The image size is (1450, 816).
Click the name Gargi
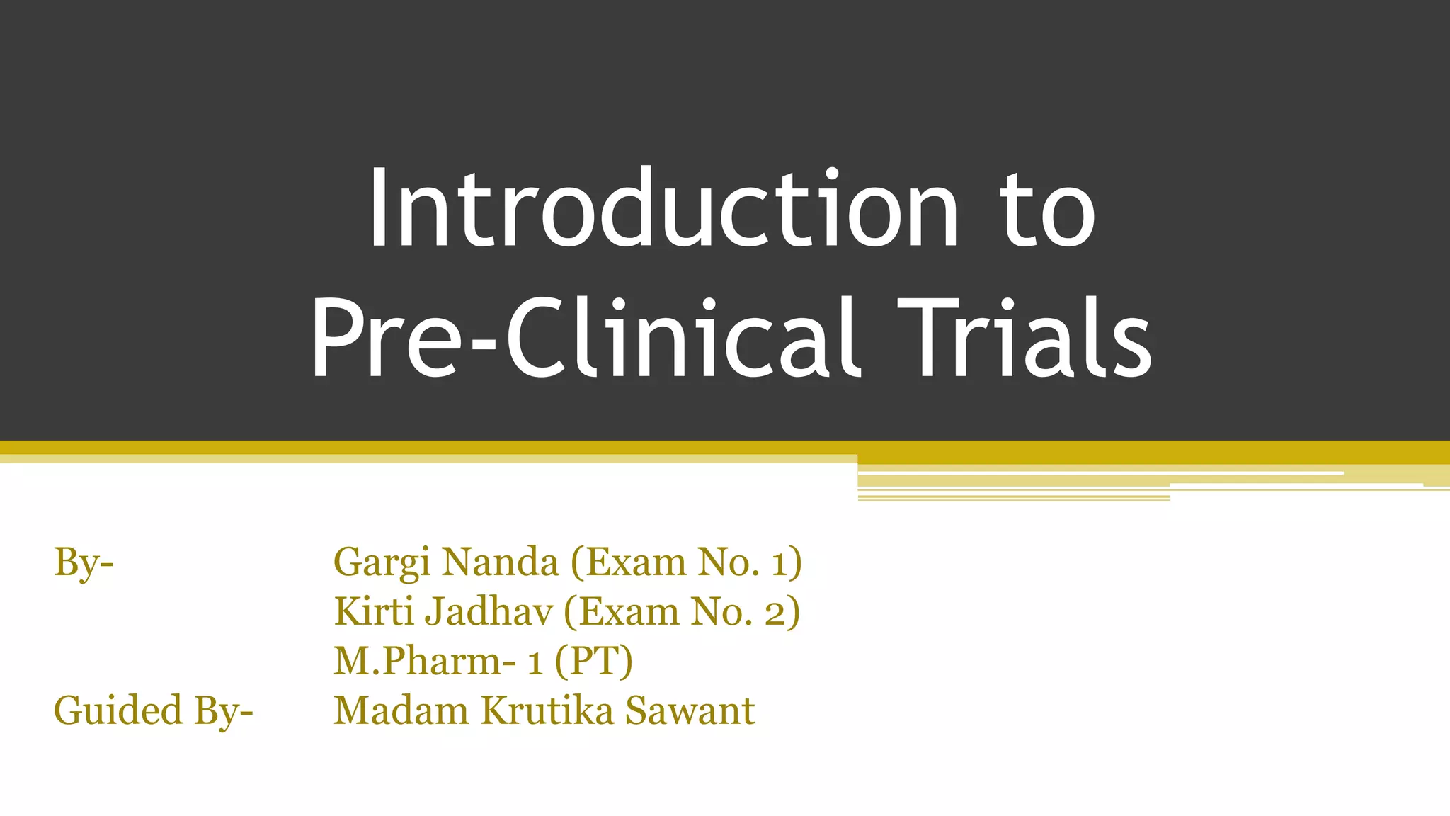click(x=381, y=563)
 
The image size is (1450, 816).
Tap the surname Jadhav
click(x=489, y=611)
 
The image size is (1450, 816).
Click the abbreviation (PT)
click(x=593, y=662)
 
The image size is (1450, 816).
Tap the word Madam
click(x=401, y=711)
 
